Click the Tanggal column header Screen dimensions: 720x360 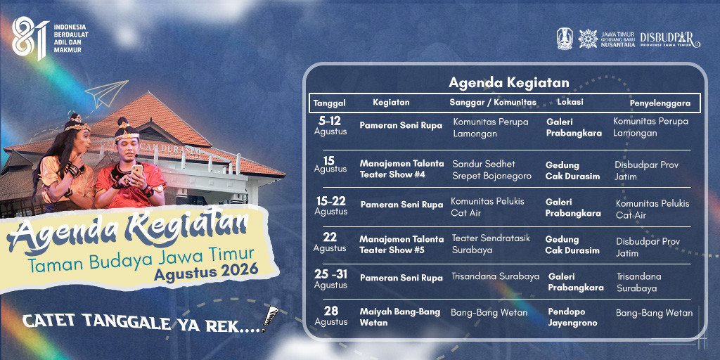click(x=329, y=103)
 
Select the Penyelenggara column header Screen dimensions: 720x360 click(x=660, y=103)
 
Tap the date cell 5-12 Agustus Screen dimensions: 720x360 click(x=330, y=125)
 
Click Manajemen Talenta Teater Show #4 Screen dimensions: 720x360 click(x=401, y=169)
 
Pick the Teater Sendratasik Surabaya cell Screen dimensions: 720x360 click(x=491, y=244)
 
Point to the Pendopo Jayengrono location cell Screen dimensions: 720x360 click(x=572, y=317)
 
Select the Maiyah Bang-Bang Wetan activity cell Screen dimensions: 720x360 click(x=400, y=317)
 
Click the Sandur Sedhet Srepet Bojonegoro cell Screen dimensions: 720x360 click(x=491, y=170)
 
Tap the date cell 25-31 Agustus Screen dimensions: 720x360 click(x=330, y=279)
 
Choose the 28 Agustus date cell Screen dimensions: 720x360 click(x=330, y=316)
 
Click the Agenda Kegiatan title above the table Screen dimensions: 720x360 click(x=509, y=83)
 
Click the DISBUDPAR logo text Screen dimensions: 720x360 click(x=669, y=39)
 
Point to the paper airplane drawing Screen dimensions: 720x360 click(x=106, y=94)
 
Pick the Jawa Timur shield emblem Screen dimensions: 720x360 click(x=565, y=39)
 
